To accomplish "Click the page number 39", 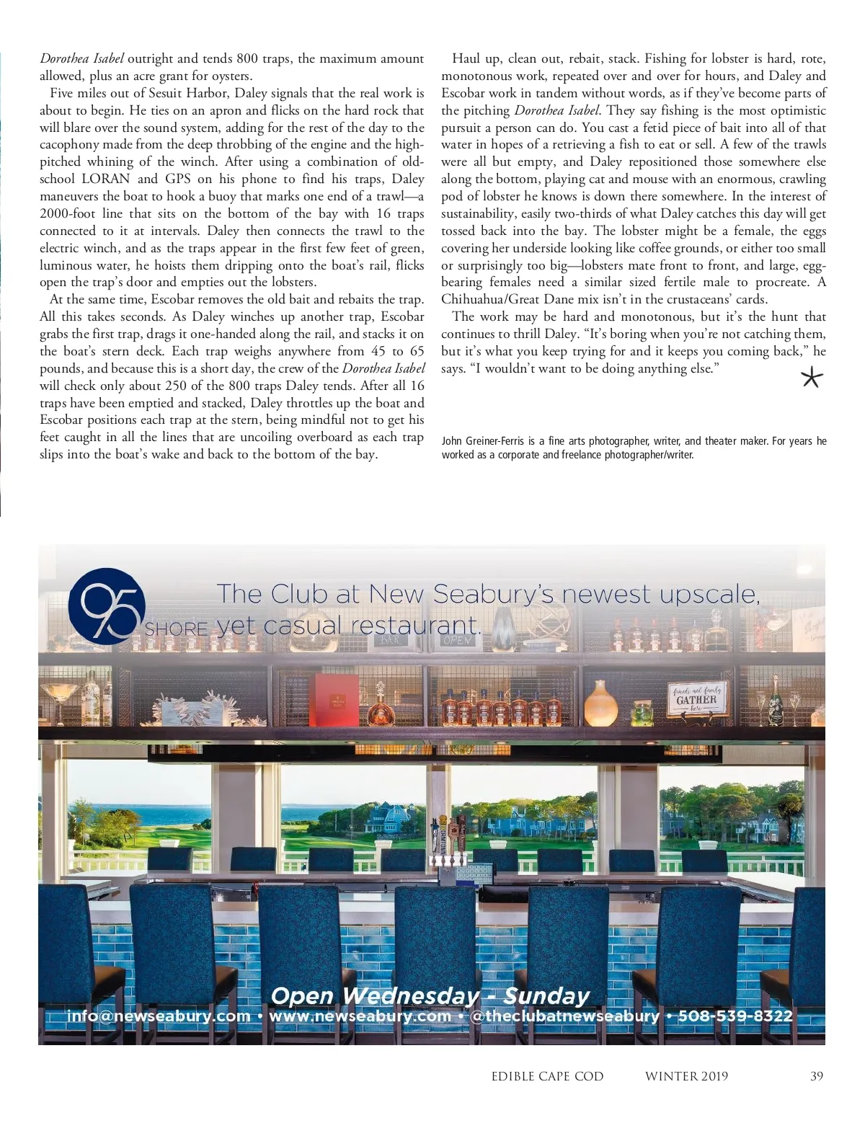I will [816, 1076].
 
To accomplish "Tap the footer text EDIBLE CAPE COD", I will [547, 1076].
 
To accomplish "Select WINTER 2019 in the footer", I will [686, 1076].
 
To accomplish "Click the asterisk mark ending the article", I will [812, 378].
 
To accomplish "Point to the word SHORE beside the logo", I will [177, 629].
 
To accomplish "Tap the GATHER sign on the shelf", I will [696, 698].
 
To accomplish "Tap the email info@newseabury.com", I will [159, 1016].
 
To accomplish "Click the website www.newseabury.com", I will [360, 1016].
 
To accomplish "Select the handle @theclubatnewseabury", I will [564, 1016].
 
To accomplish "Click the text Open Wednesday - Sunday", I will [430, 995].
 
